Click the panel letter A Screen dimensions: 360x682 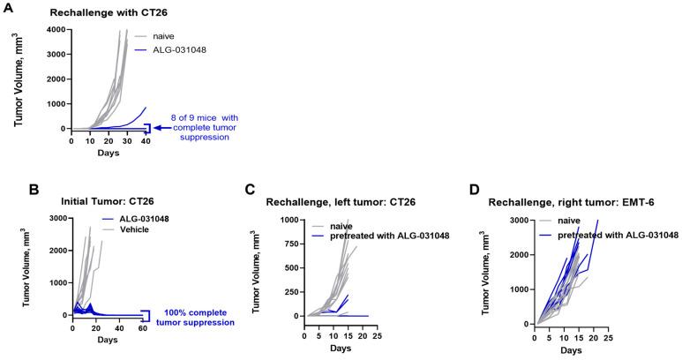8,8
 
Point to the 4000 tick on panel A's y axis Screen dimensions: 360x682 56,31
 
